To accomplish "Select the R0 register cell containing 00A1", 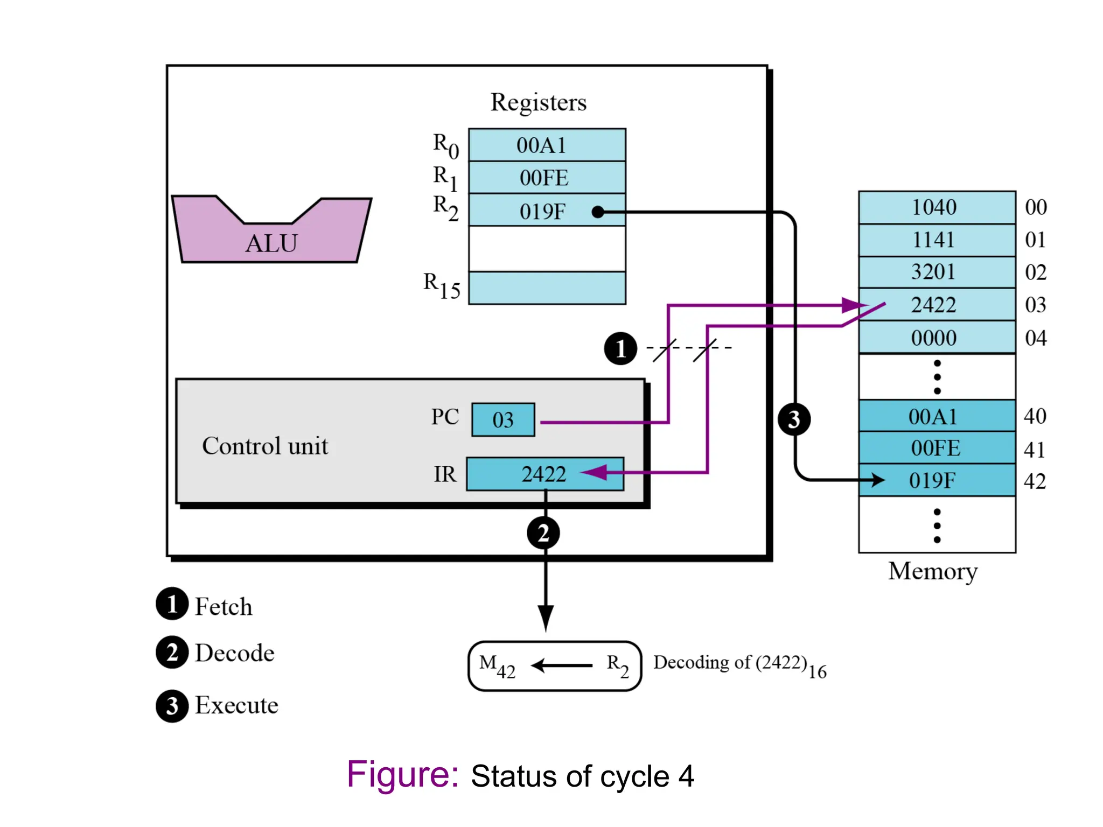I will [x=547, y=145].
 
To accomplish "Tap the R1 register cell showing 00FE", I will [x=547, y=178].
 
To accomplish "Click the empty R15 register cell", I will [x=547, y=288].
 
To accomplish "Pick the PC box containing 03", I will [x=503, y=419].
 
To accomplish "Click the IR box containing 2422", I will [x=544, y=474].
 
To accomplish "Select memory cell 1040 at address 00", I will [x=937, y=207].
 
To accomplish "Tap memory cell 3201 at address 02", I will [x=937, y=272].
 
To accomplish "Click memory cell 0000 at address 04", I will [x=937, y=338].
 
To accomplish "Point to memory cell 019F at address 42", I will [x=937, y=480].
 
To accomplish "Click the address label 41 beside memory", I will [x=1035, y=450].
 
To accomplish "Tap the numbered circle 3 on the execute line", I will [x=794, y=419].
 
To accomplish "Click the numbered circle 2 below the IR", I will [x=543, y=533].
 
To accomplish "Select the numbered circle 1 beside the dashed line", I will [x=620, y=349].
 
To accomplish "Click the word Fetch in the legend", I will [x=223, y=607].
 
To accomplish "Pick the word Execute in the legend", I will [x=236, y=705].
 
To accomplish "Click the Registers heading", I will [x=538, y=102].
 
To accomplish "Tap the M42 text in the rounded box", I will [x=497, y=665].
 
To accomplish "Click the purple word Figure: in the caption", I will [x=402, y=774].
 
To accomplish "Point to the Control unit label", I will [x=265, y=446].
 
